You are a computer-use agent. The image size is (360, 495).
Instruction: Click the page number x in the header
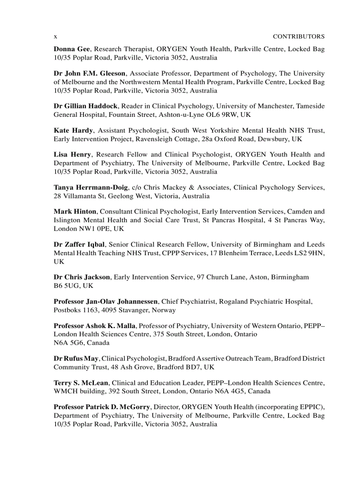click(55, 37)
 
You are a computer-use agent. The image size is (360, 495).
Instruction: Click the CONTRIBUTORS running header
click(298, 37)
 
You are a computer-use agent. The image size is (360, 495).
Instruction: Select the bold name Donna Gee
click(72, 49)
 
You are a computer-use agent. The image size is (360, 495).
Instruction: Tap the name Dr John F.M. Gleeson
click(90, 74)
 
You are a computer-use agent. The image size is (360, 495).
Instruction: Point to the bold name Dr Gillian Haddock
click(86, 106)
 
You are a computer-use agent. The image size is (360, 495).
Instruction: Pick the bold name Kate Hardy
click(73, 130)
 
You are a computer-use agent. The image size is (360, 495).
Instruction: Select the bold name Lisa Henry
click(72, 155)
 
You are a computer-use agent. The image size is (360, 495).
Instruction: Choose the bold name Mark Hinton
click(75, 212)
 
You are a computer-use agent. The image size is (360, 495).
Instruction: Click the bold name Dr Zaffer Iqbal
click(79, 244)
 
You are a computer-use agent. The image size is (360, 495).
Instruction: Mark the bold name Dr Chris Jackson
click(82, 277)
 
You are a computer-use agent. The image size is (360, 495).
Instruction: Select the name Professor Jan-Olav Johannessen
click(105, 301)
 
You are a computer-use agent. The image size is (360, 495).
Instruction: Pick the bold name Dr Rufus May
click(76, 358)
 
